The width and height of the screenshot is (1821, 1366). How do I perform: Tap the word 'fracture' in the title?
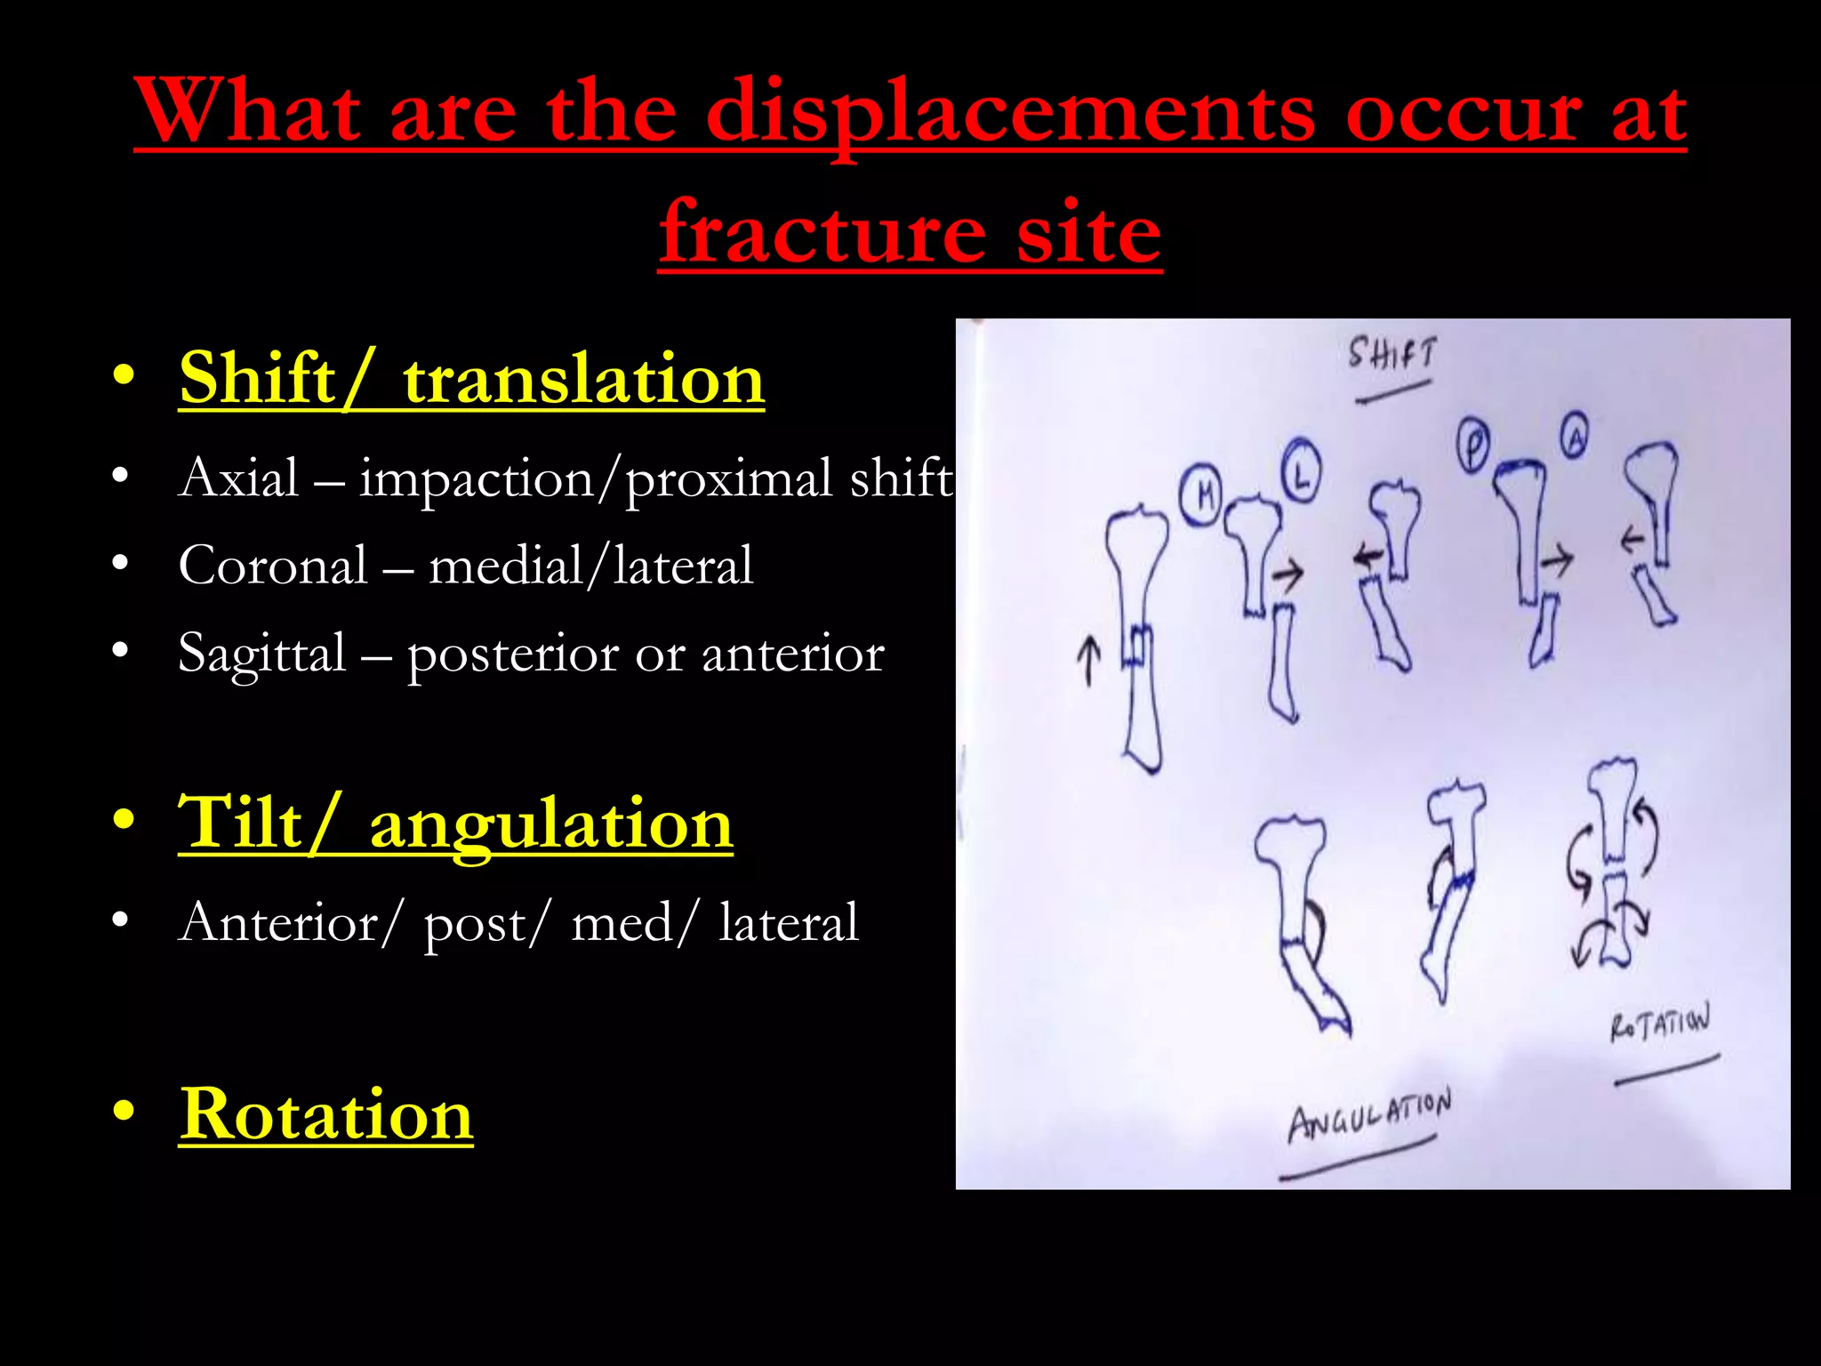(x=822, y=233)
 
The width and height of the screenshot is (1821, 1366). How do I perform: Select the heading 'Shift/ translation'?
(x=471, y=380)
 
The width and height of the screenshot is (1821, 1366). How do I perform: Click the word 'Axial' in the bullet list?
(x=238, y=478)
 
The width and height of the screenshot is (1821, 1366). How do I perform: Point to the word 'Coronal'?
(x=273, y=566)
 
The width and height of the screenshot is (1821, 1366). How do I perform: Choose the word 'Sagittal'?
(x=262, y=654)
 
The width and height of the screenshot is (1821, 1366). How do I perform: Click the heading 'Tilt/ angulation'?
(x=455, y=824)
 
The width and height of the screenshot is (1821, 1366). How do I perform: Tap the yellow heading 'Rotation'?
(x=325, y=1114)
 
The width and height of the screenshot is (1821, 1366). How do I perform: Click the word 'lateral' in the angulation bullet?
(x=789, y=922)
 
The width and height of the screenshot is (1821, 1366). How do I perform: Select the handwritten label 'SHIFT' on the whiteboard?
(x=1392, y=354)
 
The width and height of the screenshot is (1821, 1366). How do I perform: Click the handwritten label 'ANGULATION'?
(x=1369, y=1116)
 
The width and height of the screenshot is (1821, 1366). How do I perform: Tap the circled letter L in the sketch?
(x=1302, y=470)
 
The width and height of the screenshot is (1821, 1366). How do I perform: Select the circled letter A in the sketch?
(x=1575, y=434)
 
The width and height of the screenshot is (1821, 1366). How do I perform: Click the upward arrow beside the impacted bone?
(x=1088, y=661)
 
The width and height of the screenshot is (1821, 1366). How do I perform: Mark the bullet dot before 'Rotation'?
(x=123, y=1111)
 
